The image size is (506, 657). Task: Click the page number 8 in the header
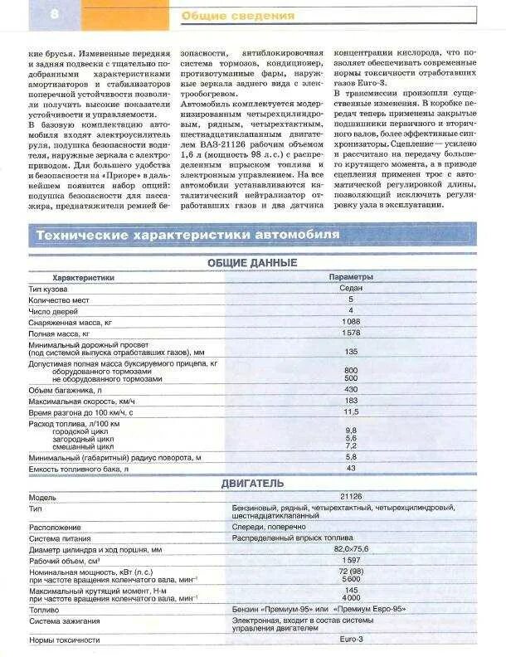tap(31, 14)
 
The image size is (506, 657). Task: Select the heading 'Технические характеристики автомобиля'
tap(187, 236)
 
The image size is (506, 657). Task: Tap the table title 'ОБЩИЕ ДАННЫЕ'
tap(253, 263)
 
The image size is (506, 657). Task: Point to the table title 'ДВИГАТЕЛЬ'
tap(253, 483)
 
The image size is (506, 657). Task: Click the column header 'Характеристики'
tap(83, 277)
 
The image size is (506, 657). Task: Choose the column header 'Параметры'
tap(351, 277)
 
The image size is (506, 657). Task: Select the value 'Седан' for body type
tap(351, 288)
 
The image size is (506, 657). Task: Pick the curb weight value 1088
tap(351, 321)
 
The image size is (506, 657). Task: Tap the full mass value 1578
tap(351, 332)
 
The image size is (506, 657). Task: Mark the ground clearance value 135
tap(351, 351)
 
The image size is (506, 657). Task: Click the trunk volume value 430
tap(351, 389)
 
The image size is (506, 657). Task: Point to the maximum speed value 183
tap(351, 401)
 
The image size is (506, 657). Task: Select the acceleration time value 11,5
tap(351, 411)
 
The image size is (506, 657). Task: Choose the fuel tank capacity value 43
tap(351, 469)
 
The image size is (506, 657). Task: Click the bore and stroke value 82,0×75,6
tap(353, 549)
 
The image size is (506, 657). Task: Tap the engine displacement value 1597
tap(351, 561)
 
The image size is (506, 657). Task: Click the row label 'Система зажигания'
tap(65, 621)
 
